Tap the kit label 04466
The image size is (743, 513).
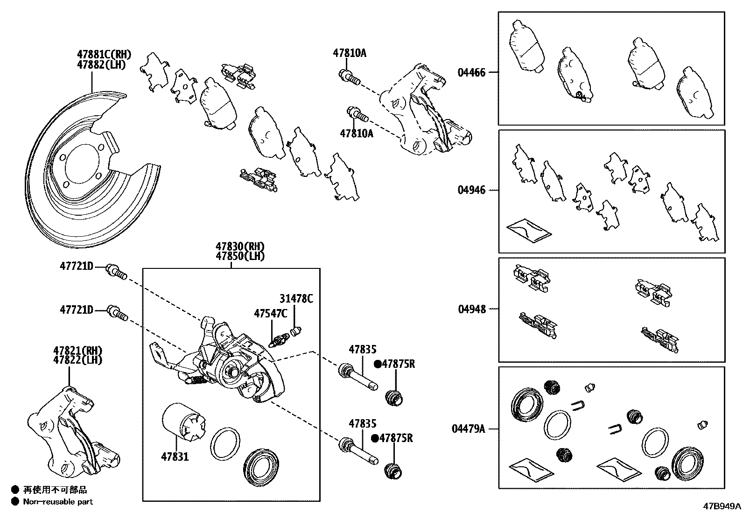pyautogui.click(x=471, y=72)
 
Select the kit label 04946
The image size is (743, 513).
pyautogui.click(x=471, y=190)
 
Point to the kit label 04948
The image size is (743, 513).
pyautogui.click(x=471, y=309)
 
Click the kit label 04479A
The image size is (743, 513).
pyautogui.click(x=468, y=428)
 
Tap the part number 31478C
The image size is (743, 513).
pyautogui.click(x=296, y=299)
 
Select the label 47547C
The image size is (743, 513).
pyautogui.click(x=270, y=313)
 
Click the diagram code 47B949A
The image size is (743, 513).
pyautogui.click(x=722, y=506)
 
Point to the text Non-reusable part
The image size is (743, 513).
pyautogui.click(x=58, y=502)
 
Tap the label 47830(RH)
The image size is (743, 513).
pyautogui.click(x=240, y=246)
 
